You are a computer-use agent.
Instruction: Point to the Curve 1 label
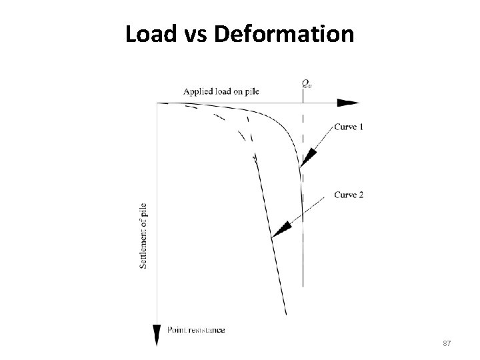(348, 127)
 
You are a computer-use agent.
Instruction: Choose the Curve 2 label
(348, 195)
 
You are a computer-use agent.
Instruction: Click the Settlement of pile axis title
(144, 236)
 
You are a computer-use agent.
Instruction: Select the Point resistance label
(195, 330)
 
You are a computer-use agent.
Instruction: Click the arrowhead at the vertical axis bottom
(157, 334)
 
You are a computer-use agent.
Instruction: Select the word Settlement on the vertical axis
(144, 249)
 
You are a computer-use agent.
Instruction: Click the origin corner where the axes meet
(157, 103)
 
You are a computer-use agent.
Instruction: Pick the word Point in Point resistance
(177, 330)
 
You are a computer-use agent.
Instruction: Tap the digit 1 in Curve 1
(361, 127)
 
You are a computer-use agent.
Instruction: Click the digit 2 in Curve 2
(361, 195)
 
